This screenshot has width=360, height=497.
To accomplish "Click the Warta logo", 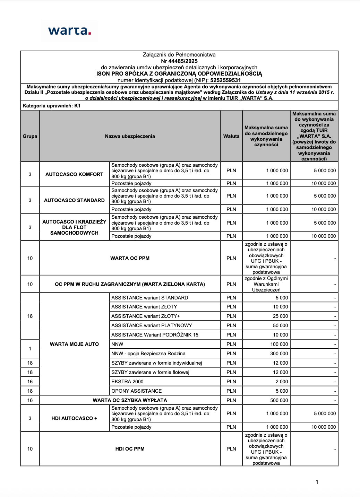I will (69, 31).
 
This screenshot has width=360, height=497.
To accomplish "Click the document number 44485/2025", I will (183, 61).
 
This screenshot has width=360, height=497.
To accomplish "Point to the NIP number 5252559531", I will (225, 80).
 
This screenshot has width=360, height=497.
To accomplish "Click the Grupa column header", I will (30, 136).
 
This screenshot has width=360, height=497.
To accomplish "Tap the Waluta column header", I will (231, 136).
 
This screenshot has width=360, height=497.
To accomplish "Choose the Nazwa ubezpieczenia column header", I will (130, 136).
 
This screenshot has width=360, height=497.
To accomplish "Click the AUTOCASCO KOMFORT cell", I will (74, 174).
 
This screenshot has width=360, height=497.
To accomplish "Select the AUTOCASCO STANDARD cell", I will (74, 200).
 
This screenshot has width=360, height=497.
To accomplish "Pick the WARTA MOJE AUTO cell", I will (74, 344).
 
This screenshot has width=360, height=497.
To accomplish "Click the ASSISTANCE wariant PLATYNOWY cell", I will (152, 325).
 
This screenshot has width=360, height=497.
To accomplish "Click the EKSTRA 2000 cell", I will (127, 382).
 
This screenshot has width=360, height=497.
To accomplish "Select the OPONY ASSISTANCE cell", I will (136, 391).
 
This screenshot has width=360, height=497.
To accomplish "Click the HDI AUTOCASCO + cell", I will (74, 418).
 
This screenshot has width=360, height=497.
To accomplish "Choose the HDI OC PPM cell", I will (130, 449).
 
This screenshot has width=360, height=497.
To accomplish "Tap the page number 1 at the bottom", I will (317, 482).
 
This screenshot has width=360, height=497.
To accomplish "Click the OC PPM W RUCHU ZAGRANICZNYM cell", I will (130, 284).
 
